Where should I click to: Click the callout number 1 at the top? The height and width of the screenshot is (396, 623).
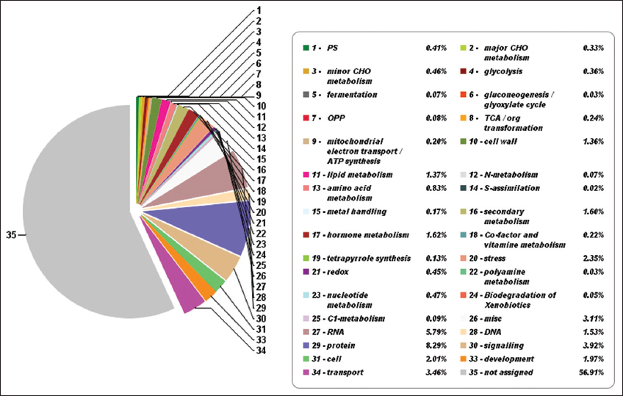(x=259, y=11)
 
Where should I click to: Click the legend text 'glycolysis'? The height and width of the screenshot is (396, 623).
(x=503, y=71)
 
